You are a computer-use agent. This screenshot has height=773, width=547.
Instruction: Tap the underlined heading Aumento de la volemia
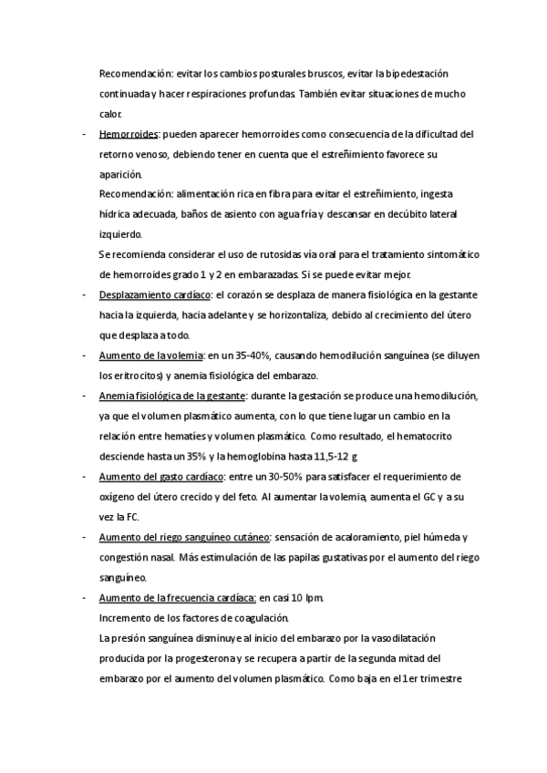point(150,356)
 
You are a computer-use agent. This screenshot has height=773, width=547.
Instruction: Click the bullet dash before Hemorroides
point(84,134)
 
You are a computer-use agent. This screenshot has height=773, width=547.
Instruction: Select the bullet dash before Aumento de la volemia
point(84,356)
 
